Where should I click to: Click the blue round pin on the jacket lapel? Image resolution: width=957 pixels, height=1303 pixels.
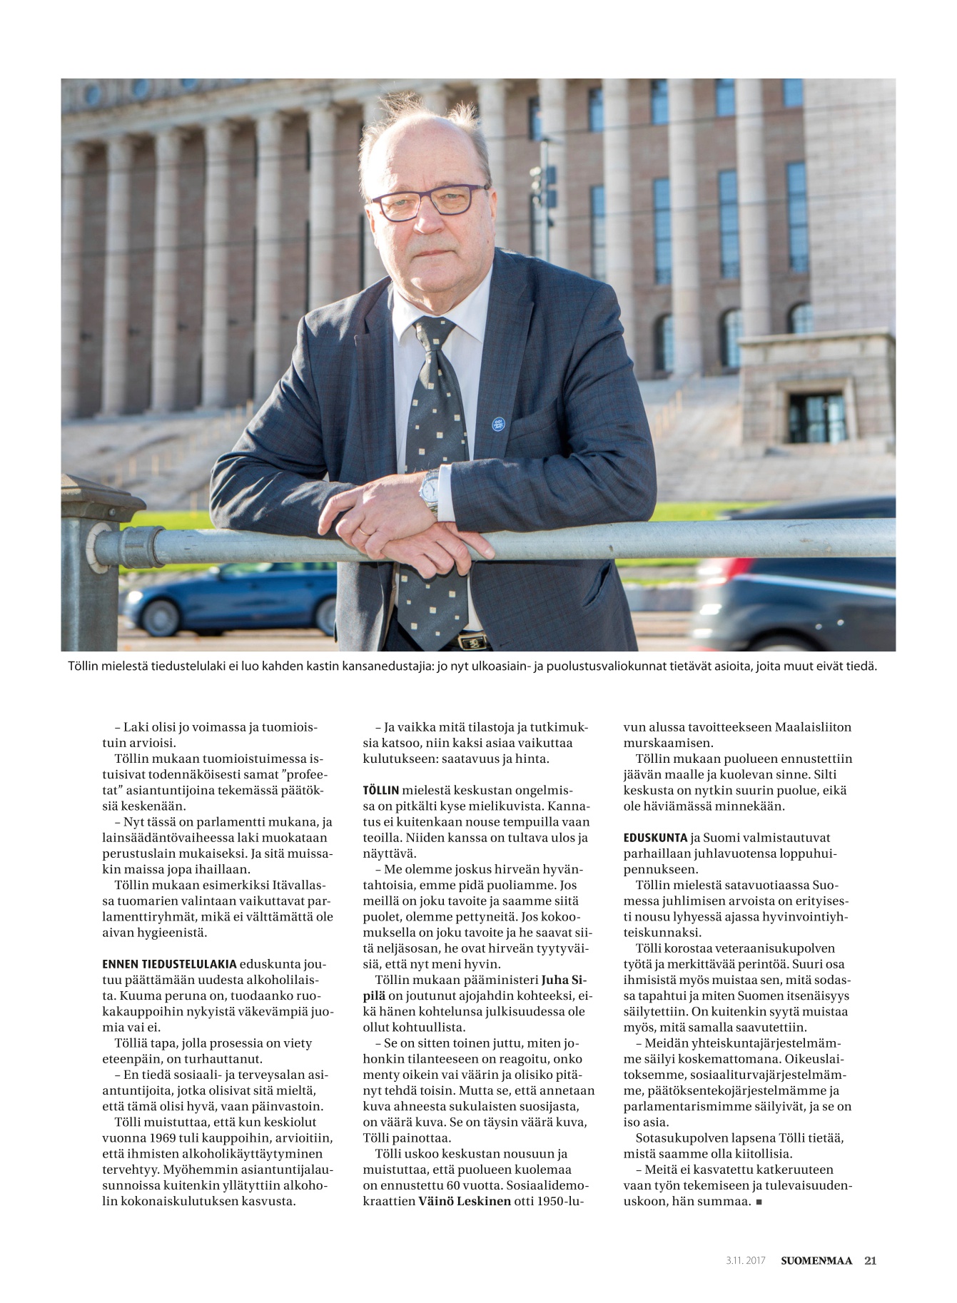499,424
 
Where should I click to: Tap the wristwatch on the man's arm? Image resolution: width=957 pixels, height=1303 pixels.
430,491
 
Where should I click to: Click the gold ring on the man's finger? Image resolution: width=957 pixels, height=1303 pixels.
365,531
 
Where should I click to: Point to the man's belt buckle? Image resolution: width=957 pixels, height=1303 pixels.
472,641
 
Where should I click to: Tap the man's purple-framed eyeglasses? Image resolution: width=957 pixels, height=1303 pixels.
428,201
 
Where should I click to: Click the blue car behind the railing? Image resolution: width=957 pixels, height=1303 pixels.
228,598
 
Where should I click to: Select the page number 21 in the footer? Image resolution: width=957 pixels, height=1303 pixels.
870,1260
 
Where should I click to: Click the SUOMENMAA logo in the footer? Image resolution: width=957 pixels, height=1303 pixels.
816,1260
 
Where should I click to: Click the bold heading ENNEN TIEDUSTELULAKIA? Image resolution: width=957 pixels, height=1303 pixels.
169,964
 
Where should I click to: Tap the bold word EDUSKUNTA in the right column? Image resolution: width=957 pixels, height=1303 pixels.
655,838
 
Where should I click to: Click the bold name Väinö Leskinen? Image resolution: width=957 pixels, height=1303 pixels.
464,1201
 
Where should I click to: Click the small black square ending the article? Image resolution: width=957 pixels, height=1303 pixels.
759,1202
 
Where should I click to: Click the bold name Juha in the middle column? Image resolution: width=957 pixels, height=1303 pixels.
559,979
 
